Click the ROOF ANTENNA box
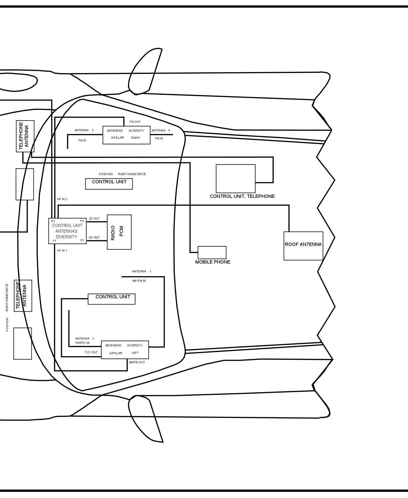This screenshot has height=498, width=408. tap(303, 246)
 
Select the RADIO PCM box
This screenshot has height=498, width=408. tap(119, 232)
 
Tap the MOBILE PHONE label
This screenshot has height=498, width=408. tap(212, 262)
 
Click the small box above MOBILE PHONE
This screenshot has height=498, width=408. tap(212, 253)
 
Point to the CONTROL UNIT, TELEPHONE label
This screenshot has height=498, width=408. tap(242, 196)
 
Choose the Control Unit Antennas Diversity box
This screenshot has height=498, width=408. tap(67, 231)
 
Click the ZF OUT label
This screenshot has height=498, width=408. tap(94, 219)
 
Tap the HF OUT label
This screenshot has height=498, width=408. tap(94, 237)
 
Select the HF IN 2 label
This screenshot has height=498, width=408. tap(62, 199)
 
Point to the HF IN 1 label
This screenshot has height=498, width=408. tap(62, 251)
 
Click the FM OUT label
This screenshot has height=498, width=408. tap(135, 122)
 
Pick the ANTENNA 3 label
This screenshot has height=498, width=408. tap(84, 130)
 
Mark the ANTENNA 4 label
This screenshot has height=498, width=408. tap(161, 130)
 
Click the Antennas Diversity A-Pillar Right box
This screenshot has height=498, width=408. tap(126, 135)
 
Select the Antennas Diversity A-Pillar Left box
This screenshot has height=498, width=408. tap(125, 350)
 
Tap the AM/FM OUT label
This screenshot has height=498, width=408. tap(137, 362)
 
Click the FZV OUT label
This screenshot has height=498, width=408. tap(91, 352)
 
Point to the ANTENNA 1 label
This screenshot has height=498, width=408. tap(142, 271)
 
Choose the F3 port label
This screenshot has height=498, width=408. tap(82, 240)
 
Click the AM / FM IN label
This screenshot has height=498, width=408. tap(139, 281)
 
